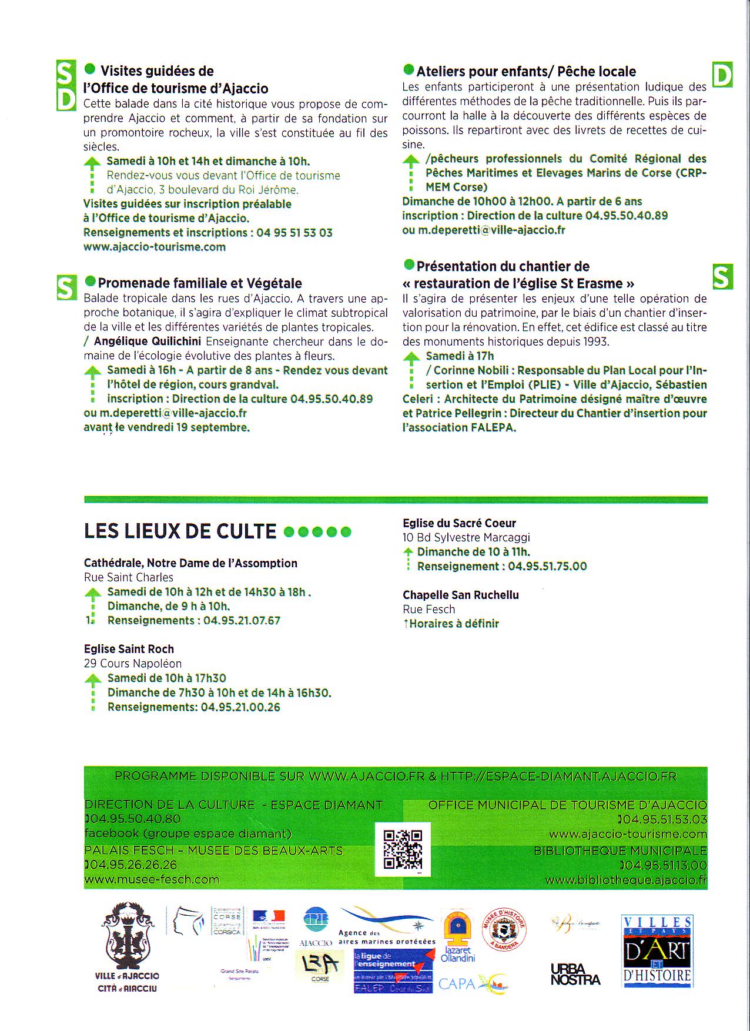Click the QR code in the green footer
(403, 849)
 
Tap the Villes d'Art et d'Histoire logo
(657, 950)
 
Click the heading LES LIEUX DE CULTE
(180, 531)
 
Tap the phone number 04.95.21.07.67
(242, 621)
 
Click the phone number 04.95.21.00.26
(240, 707)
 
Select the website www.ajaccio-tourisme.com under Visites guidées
(155, 247)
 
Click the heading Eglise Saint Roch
(129, 649)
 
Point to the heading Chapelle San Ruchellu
(461, 595)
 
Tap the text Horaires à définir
(454, 624)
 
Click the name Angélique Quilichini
(148, 342)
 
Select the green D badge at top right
(722, 75)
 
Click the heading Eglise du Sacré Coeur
(459, 523)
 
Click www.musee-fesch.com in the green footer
(152, 879)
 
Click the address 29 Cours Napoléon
(133, 664)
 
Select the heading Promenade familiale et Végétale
(200, 283)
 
